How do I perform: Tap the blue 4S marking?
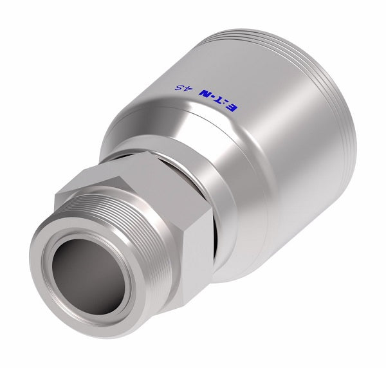[182, 87]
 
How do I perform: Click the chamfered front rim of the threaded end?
[48, 257]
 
